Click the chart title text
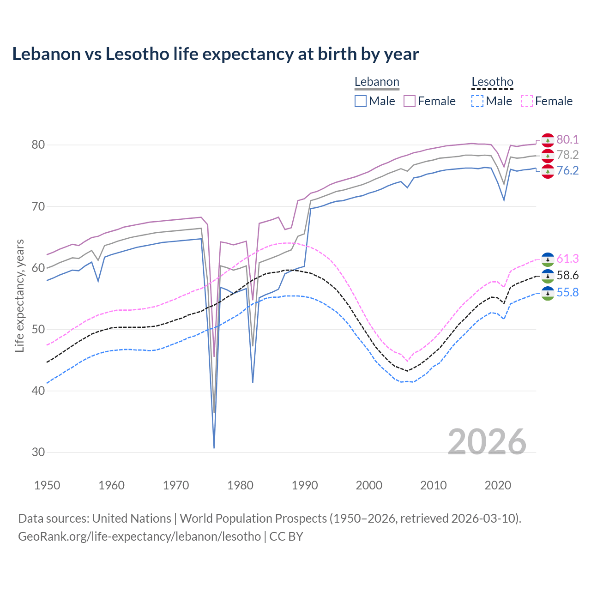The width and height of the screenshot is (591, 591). tap(215, 54)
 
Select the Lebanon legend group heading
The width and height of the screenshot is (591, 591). tap(377, 82)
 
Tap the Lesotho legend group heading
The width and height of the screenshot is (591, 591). tap(492, 82)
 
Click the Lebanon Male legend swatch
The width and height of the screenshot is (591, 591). tap(361, 101)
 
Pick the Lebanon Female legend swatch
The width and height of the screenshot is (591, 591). tap(410, 101)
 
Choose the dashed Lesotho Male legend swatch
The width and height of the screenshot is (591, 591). tap(477, 101)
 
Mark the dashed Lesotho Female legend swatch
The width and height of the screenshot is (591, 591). tap(527, 101)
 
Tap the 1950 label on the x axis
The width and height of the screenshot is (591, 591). tap(47, 485)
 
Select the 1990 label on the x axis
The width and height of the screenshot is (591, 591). tap(305, 485)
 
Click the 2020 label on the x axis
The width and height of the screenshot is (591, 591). tap(498, 485)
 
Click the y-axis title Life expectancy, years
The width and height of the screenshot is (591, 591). tap(20, 295)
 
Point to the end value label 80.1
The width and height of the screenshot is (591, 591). tap(567, 139)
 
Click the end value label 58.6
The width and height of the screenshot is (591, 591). tap(567, 276)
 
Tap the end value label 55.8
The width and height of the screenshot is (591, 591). tap(567, 292)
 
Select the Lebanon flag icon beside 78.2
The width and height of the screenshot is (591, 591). tap(548, 156)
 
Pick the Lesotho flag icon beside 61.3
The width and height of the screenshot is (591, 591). tap(548, 259)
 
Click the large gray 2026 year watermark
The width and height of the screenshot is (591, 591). tap(487, 442)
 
